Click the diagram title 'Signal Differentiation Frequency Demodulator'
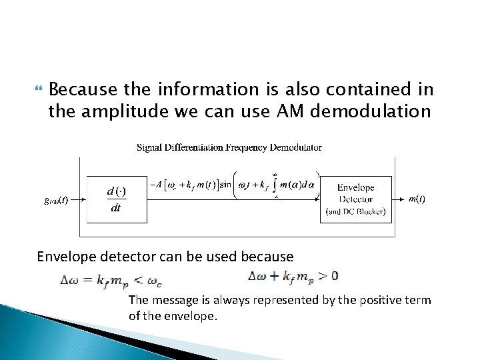(229, 147)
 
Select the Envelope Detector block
(357, 199)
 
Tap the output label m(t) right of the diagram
(417, 199)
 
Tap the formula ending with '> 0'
(293, 276)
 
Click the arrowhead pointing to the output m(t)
(403, 199)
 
